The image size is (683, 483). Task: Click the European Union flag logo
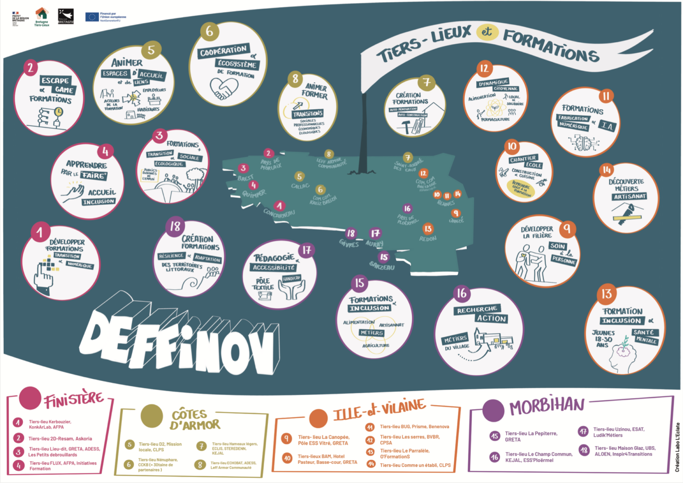click(x=92, y=17)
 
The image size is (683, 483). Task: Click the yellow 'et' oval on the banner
click(x=487, y=32)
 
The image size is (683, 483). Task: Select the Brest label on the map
click(x=245, y=178)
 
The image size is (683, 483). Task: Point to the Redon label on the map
click(x=428, y=239)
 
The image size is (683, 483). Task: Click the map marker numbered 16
click(x=407, y=208)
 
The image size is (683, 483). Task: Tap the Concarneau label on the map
click(x=279, y=213)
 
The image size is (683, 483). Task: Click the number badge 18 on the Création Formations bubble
click(x=175, y=226)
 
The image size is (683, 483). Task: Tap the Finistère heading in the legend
click(x=74, y=399)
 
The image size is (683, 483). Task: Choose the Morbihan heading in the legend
click(x=547, y=406)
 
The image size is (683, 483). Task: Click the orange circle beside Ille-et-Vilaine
click(x=318, y=418)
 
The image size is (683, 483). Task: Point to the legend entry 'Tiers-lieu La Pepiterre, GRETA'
click(x=531, y=436)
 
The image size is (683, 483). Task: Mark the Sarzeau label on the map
click(x=382, y=267)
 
